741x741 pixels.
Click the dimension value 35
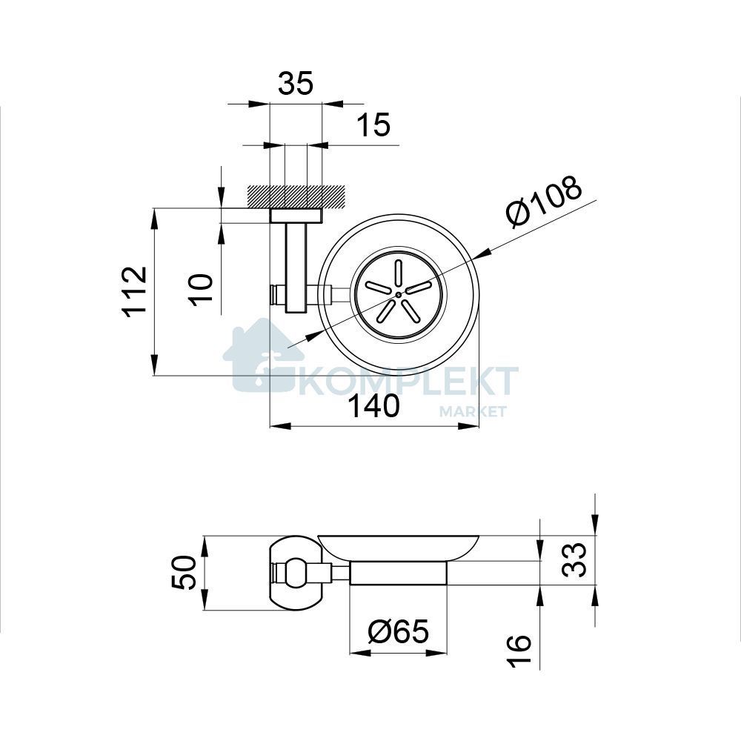(x=296, y=83)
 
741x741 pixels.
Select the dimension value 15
(x=373, y=125)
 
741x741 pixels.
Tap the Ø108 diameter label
(x=544, y=202)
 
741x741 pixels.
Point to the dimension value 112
(x=135, y=291)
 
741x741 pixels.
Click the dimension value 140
(x=374, y=406)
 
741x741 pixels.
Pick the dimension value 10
(x=202, y=289)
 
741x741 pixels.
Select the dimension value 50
(x=184, y=572)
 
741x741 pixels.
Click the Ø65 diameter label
(x=398, y=631)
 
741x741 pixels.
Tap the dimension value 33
(x=574, y=559)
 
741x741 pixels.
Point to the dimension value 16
(x=519, y=651)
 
